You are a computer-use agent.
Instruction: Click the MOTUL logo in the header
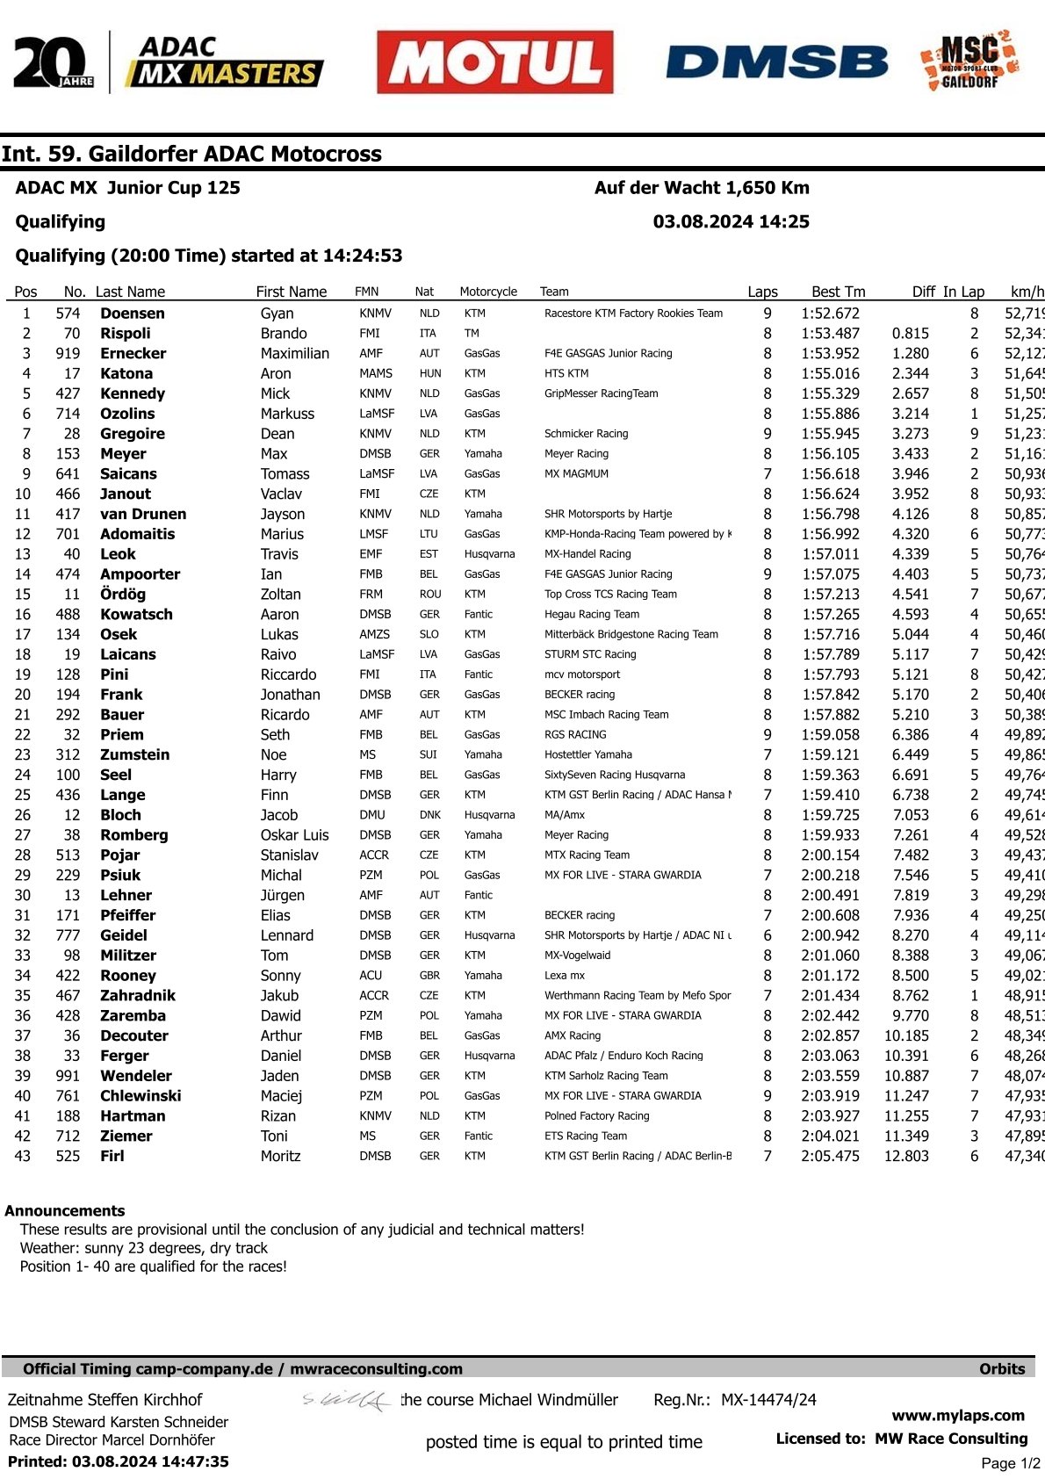pyautogui.click(x=494, y=62)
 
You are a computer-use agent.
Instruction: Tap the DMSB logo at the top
pyautogui.click(x=777, y=63)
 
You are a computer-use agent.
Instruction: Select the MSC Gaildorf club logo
pyautogui.click(x=969, y=61)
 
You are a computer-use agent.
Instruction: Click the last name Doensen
pyautogui.click(x=132, y=314)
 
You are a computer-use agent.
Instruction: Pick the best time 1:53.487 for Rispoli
pyautogui.click(x=830, y=334)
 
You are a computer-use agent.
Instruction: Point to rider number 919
pyautogui.click(x=68, y=354)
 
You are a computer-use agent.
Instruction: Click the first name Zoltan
pyautogui.click(x=280, y=595)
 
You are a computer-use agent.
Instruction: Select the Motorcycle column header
pyautogui.click(x=488, y=292)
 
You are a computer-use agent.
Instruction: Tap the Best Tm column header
pyautogui.click(x=838, y=292)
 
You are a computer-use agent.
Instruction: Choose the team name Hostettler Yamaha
pyautogui.click(x=587, y=754)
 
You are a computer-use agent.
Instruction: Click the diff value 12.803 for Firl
pyautogui.click(x=906, y=1157)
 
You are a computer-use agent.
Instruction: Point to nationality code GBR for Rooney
pyautogui.click(x=429, y=976)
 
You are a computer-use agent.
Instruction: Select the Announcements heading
pyautogui.click(x=65, y=1211)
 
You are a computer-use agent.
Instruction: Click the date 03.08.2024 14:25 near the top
pyautogui.click(x=731, y=222)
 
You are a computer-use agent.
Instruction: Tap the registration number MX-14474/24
pyautogui.click(x=768, y=1400)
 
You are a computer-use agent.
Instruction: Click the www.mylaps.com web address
pyautogui.click(x=958, y=1416)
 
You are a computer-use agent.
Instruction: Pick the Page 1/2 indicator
pyautogui.click(x=1010, y=1463)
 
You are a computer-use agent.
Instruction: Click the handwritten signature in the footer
pyautogui.click(x=347, y=1400)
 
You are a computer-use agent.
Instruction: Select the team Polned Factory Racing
pyautogui.click(x=596, y=1116)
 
